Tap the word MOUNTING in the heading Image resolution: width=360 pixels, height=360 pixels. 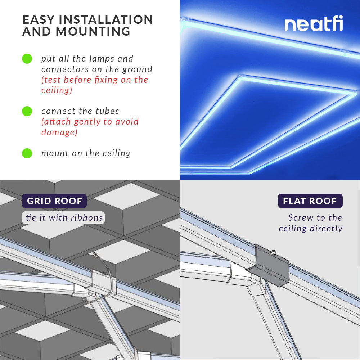[x=93, y=32]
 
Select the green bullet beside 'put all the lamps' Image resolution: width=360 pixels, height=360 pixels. [x=27, y=59]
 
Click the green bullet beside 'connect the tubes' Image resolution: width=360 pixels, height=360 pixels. [x=27, y=111]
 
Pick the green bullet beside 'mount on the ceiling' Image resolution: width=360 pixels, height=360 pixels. [x=27, y=153]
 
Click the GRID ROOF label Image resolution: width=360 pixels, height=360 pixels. [x=54, y=201]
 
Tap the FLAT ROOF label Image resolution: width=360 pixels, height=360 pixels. [x=310, y=201]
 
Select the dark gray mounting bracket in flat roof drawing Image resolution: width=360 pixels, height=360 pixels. [x=272, y=266]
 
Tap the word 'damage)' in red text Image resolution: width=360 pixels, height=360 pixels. [x=59, y=132]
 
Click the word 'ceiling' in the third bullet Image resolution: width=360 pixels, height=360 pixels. [x=116, y=153]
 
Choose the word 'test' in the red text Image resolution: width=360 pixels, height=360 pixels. [x=53, y=80]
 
